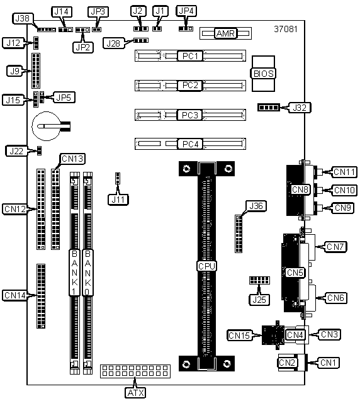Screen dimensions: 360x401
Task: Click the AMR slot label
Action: click(225, 33)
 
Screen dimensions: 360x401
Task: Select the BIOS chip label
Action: click(263, 74)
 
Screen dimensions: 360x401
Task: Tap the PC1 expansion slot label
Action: click(190, 56)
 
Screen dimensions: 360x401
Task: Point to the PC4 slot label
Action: click(190, 144)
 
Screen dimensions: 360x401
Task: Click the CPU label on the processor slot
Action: click(207, 266)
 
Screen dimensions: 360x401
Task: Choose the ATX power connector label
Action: click(135, 393)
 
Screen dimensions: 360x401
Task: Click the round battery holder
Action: click(47, 126)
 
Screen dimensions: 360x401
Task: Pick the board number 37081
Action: click(286, 29)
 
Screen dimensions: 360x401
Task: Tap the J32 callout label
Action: click(300, 108)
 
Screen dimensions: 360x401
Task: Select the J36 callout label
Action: click(256, 206)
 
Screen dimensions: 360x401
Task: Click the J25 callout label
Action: click(259, 300)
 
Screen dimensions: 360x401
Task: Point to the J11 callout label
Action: click(118, 200)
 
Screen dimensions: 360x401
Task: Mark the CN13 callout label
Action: click(72, 159)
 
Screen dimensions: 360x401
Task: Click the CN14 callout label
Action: click(15, 295)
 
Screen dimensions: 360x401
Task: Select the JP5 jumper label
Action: click(64, 98)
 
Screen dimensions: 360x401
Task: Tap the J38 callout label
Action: click(23, 18)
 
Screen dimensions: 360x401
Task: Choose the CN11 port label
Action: click(344, 172)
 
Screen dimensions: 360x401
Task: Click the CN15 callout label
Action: click(239, 336)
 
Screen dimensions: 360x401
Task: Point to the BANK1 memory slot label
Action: click(74, 273)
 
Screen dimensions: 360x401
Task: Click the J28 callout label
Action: click(113, 43)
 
